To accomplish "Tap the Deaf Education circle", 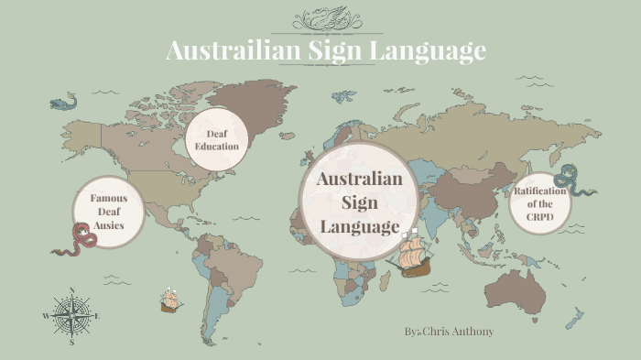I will tap(217, 140).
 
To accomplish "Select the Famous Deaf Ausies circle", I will tap(108, 212).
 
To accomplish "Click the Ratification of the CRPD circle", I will tap(540, 203).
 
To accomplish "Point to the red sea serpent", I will tap(76, 241).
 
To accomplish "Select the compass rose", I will tap(71, 316).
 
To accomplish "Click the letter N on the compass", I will tap(71, 291).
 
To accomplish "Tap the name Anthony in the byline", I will tap(471, 330).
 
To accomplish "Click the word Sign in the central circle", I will tap(359, 202).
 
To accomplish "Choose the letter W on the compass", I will tap(46, 316).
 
